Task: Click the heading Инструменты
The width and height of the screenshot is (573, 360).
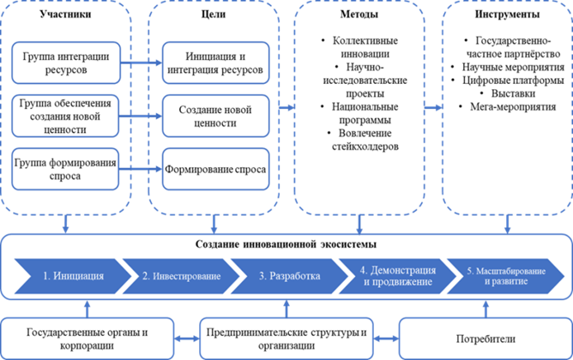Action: click(x=506, y=15)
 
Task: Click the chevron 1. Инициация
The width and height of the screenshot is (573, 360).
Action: click(x=69, y=276)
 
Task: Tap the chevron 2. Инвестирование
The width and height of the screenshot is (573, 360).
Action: click(x=180, y=276)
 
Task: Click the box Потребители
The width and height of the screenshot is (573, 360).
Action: click(x=483, y=339)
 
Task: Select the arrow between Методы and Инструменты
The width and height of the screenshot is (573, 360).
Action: click(x=432, y=107)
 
